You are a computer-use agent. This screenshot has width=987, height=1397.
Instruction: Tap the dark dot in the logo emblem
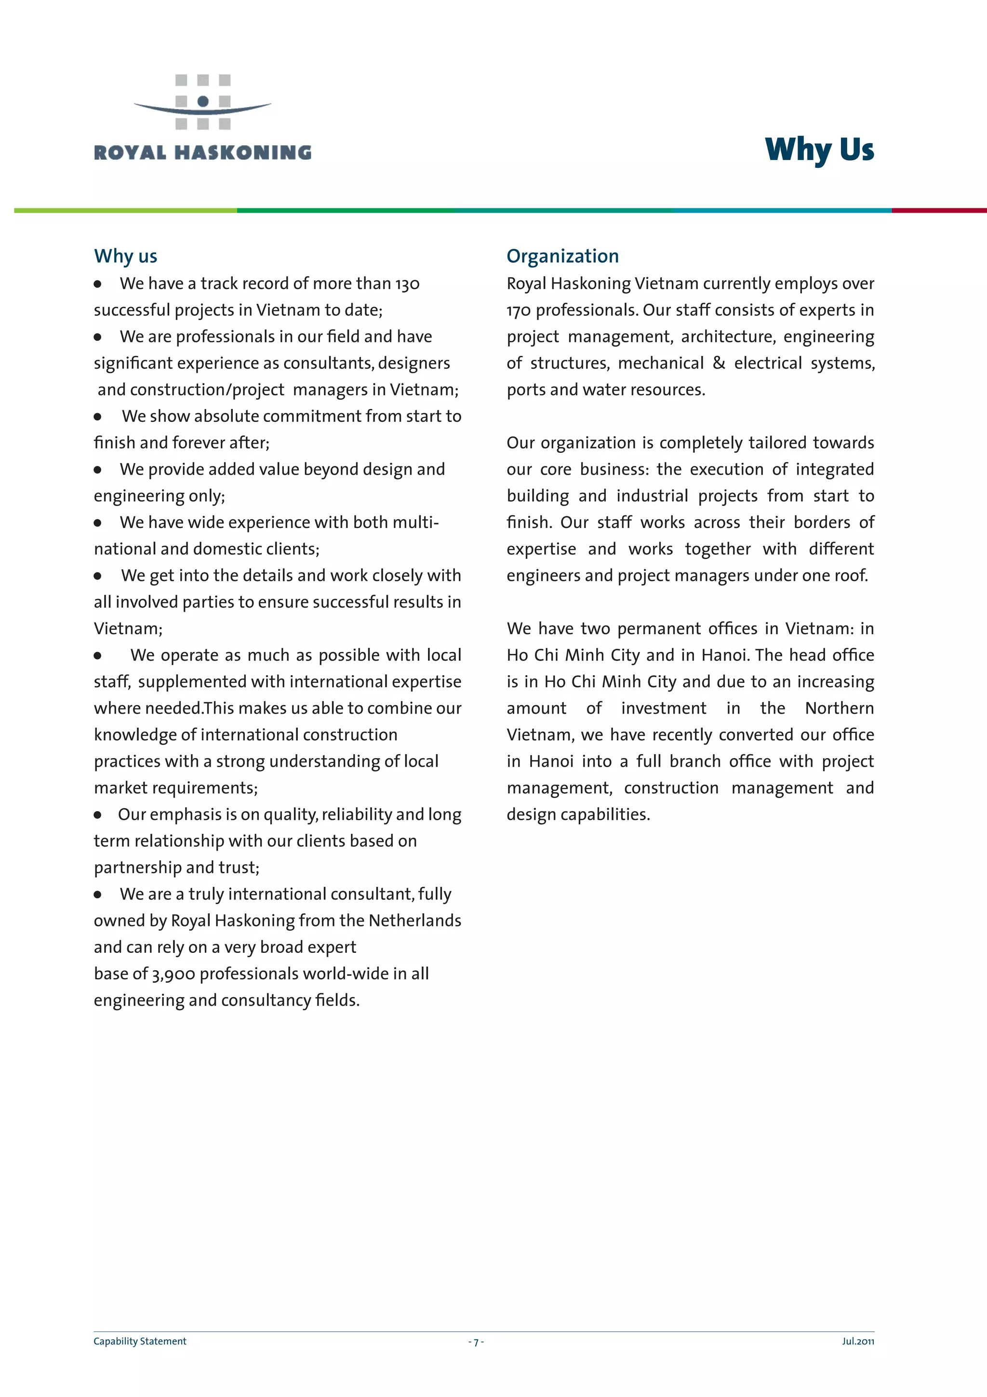203,101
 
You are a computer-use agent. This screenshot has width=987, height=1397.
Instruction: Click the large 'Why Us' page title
819,149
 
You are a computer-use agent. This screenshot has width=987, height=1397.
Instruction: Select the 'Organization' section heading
562,256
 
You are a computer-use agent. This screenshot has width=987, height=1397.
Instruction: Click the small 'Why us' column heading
125,256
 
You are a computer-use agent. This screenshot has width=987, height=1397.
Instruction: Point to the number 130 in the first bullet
407,284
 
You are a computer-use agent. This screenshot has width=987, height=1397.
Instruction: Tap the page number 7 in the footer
476,1342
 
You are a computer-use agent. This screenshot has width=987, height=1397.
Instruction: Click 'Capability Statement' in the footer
140,1341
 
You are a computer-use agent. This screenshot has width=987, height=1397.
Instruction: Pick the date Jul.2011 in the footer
857,1341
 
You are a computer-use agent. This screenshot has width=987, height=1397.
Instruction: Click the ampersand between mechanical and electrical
719,363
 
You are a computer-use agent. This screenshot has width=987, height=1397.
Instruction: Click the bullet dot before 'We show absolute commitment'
97,417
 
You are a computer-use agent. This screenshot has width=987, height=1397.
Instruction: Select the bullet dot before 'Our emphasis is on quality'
97,815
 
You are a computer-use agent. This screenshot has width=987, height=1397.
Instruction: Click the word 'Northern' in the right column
839,708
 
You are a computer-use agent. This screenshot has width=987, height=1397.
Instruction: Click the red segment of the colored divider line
938,211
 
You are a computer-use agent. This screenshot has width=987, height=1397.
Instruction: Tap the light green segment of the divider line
125,211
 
